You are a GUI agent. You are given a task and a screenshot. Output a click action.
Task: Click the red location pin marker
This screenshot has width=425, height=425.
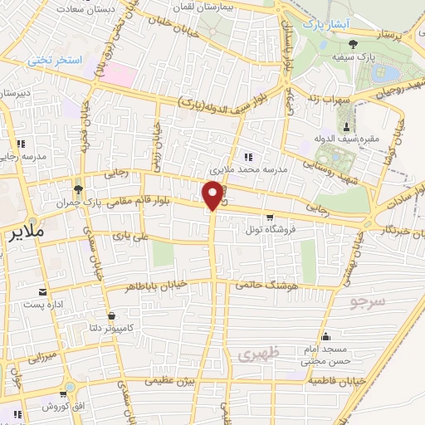213,196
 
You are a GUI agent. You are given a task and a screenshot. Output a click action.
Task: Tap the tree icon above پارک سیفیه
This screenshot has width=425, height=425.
354,43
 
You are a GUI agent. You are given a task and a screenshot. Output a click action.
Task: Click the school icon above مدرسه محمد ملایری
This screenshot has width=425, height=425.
247,156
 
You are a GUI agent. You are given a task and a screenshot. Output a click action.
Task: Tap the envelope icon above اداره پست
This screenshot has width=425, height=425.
42,292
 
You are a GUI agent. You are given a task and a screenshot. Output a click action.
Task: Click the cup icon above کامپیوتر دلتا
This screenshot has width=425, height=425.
112,315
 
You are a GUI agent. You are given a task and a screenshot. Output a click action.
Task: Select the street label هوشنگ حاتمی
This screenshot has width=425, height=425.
261,286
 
